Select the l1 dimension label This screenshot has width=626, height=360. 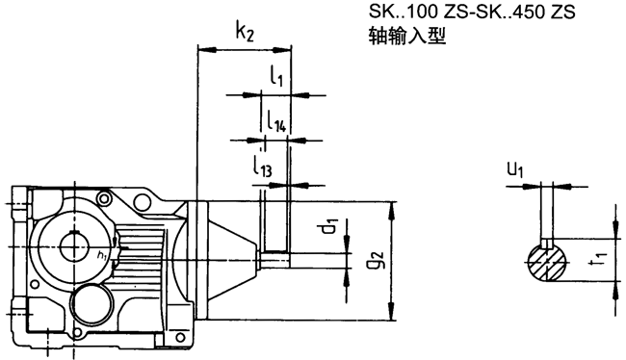tap(275, 76)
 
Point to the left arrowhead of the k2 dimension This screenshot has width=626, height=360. tap(201, 46)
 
